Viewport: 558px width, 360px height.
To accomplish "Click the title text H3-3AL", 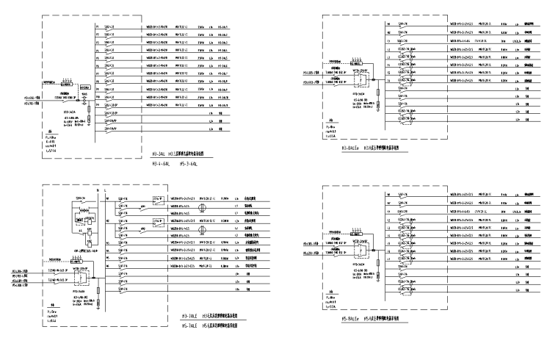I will pos(158,155).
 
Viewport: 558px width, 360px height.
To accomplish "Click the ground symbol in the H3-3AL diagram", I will pos(87,120).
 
